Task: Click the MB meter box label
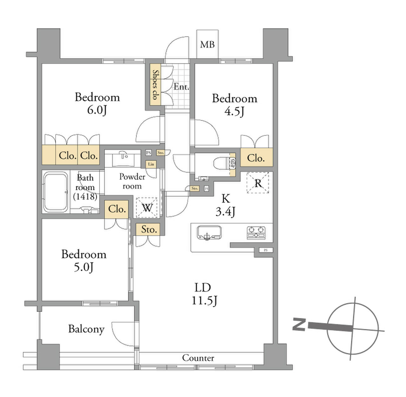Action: pos(207,44)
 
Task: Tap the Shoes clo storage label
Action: pos(156,84)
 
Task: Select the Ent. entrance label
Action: pos(181,86)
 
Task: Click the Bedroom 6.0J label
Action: pos(97,103)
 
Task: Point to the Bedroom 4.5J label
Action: pos(235,105)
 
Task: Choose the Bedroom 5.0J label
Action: pos(84,261)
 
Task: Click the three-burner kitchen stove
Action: pos(256,233)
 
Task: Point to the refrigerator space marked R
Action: pos(258,183)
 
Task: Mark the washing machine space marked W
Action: pos(147,208)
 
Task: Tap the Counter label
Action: pos(198,358)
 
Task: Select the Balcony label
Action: pos(86,329)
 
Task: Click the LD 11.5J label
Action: pos(203,294)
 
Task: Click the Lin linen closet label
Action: pos(151,164)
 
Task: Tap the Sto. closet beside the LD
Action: pos(149,229)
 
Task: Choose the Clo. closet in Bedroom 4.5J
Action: pos(256,158)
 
